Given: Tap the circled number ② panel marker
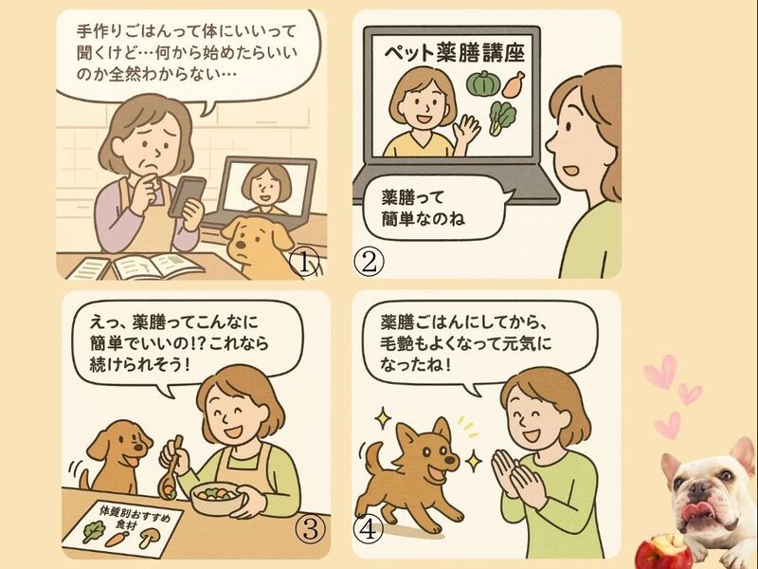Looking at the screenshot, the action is coord(369,263).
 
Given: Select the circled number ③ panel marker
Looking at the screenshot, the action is coord(310,530).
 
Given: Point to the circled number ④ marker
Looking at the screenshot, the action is coord(369,530).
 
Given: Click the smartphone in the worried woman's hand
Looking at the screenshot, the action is coord(187,196).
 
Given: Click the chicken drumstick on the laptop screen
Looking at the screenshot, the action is coord(514,83).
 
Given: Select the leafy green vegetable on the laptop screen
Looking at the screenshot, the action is coord(502,118).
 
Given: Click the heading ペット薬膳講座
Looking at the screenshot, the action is coord(455,53).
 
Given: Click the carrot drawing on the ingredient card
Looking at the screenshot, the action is coord(117,539).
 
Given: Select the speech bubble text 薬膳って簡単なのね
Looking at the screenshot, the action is coord(423,208).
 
